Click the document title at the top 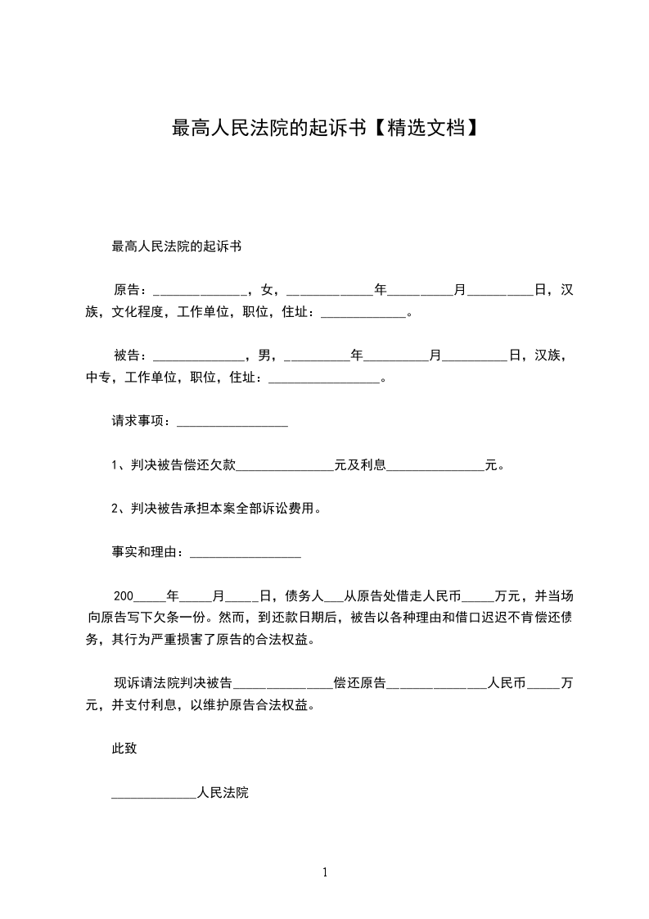(324, 128)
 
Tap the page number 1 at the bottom (325, 872)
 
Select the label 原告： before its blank (131, 289)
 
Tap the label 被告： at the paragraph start (131, 355)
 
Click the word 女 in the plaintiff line (267, 289)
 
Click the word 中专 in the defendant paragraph (98, 378)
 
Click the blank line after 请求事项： (232, 423)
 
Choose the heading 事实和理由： (150, 553)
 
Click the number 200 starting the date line (123, 595)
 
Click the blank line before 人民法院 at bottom (154, 794)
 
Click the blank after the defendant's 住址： (324, 379)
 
